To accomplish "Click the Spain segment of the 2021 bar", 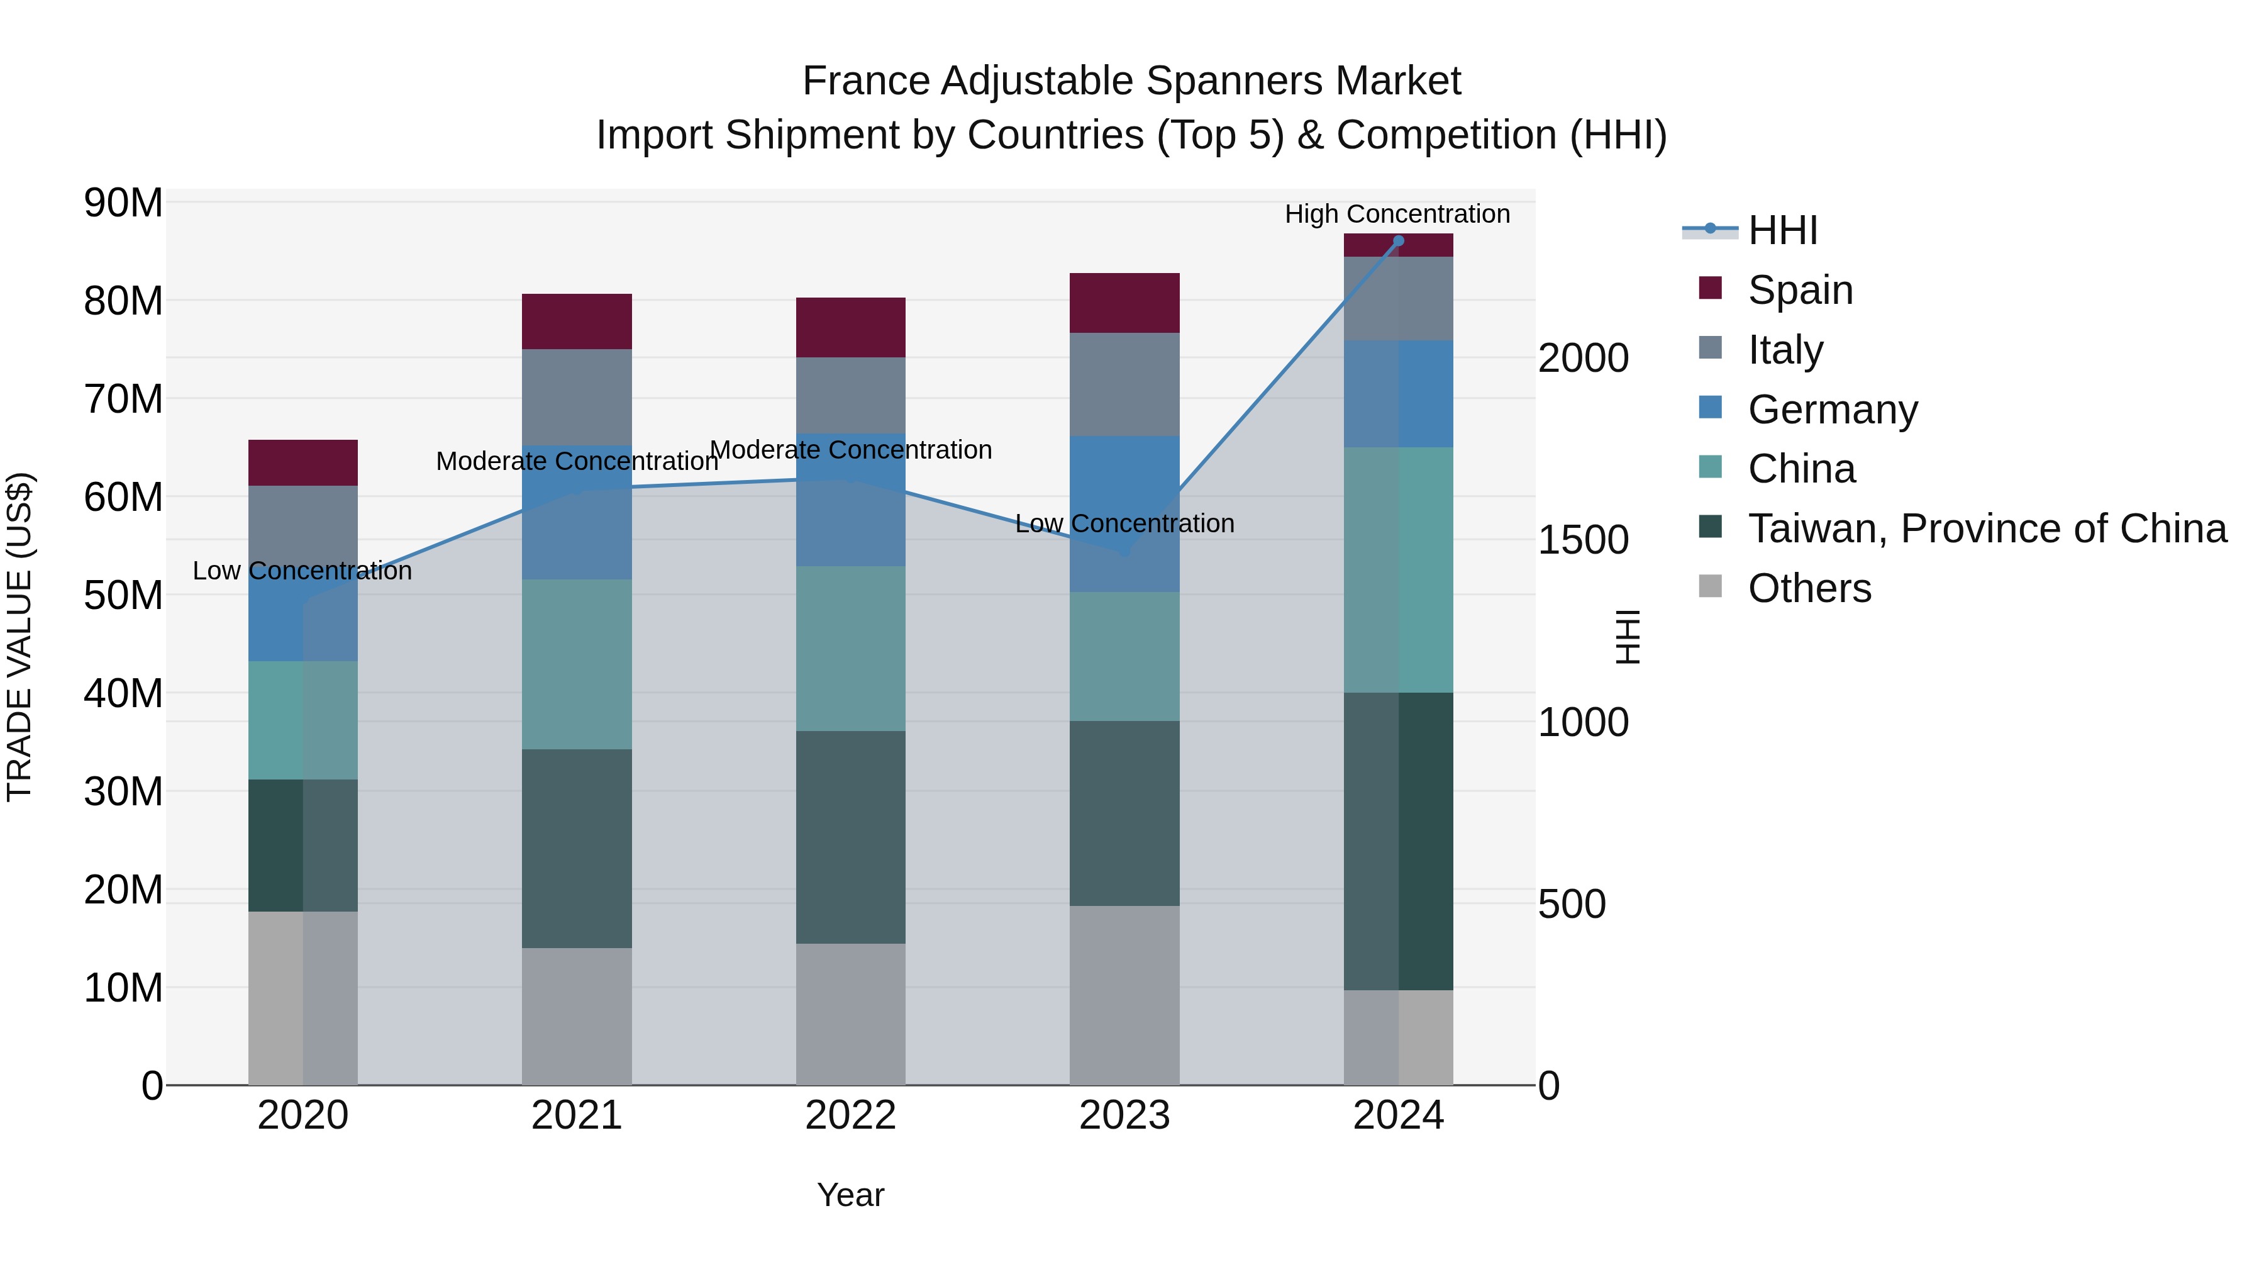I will pyautogui.click(x=577, y=321).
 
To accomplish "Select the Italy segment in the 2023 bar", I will pyautogui.click(x=1124, y=384).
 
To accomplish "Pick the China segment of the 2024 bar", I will pyautogui.click(x=1397, y=570).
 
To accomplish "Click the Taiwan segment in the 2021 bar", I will pyautogui.click(x=577, y=849).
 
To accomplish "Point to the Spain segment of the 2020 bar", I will pyautogui.click(x=302, y=462).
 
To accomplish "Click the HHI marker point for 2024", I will pyautogui.click(x=1398, y=241).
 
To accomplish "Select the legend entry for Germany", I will pyautogui.click(x=1833, y=410).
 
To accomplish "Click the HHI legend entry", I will pyautogui.click(x=1782, y=230).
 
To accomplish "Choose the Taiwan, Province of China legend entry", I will pyautogui.click(x=1986, y=528).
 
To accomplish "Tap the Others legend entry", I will pyautogui.click(x=1809, y=588).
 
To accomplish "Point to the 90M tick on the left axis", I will pyautogui.click(x=123, y=203).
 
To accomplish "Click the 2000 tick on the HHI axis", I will pyautogui.click(x=1583, y=358).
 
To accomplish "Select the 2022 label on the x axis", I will pyautogui.click(x=850, y=1115).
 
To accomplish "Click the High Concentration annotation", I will pyautogui.click(x=1397, y=214).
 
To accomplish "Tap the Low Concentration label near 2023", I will pyautogui.click(x=1124, y=523).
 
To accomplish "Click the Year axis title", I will pyautogui.click(x=850, y=1195).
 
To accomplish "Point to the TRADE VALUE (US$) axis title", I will pyautogui.click(x=19, y=637).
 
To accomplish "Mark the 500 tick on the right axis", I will pyautogui.click(x=1572, y=904).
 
